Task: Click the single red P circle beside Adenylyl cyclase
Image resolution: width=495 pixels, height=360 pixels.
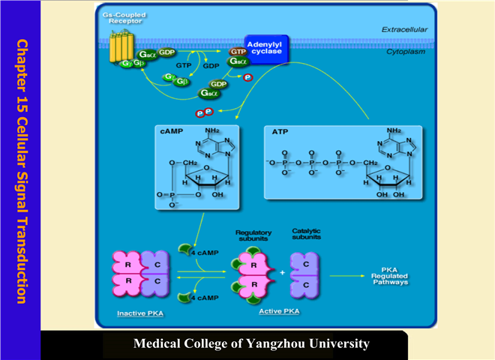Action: (248, 77)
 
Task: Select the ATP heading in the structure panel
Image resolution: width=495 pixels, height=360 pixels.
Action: (279, 132)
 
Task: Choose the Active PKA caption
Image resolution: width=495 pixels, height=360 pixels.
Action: (279, 310)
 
